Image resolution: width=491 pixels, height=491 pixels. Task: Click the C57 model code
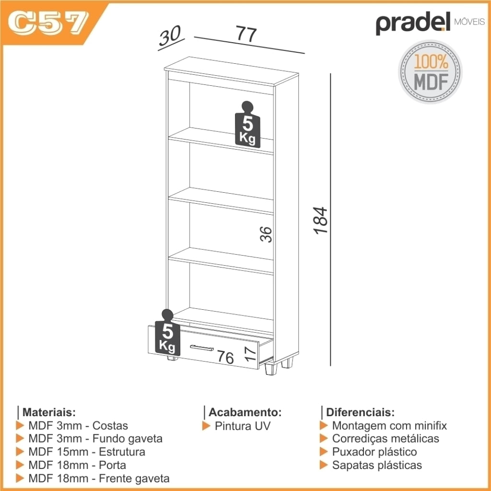pos(47,23)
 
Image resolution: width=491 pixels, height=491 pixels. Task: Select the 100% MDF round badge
pos(430,72)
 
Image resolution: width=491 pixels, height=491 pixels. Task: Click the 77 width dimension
pos(246,34)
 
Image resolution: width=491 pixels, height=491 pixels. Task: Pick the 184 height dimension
pos(321,220)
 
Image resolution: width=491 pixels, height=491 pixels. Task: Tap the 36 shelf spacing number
pos(266,234)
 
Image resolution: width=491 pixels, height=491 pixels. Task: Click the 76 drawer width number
pos(225,357)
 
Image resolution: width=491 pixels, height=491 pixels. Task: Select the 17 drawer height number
pos(250,353)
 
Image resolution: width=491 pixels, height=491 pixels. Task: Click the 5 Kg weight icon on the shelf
pos(247,125)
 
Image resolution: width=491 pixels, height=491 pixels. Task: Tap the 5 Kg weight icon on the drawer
pos(167,333)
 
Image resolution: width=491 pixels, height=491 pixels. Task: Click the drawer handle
pos(202,348)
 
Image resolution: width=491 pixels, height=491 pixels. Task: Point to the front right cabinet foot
pos(271,369)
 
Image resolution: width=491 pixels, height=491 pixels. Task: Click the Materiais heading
pos(49,412)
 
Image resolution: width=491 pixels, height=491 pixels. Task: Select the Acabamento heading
pos(245,412)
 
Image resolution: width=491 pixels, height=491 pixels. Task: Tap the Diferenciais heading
pos(360,412)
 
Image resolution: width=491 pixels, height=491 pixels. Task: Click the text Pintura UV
pos(242,426)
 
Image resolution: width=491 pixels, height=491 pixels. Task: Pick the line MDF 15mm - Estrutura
pos(87,452)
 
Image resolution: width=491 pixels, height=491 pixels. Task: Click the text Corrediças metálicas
pos(386,439)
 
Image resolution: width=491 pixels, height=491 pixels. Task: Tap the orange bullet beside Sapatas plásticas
pos(324,465)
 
